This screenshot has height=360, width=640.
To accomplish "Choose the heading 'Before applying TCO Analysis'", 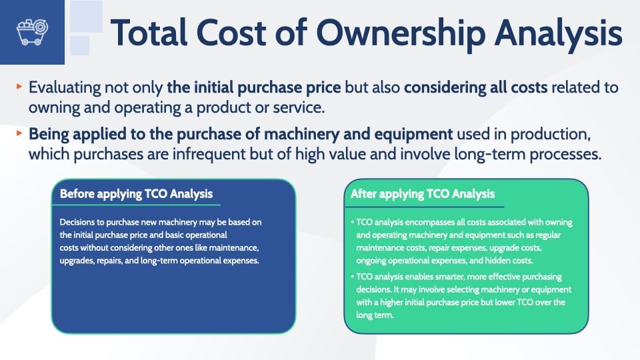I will tap(136, 194).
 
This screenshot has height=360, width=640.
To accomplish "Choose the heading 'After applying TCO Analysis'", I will tap(423, 194).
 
